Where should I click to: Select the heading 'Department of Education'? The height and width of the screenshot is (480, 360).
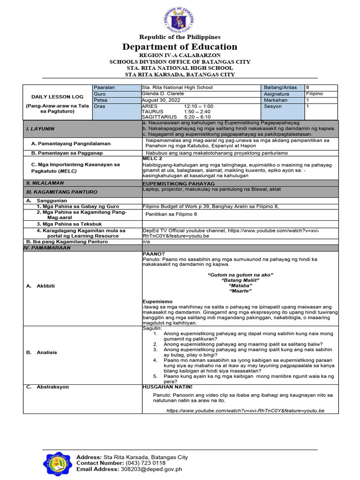(180, 47)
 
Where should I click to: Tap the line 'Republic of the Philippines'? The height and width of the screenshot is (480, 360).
(180, 37)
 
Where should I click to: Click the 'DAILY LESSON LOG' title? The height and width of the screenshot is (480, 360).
(51, 97)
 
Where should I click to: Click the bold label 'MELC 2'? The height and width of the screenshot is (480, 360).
(152, 159)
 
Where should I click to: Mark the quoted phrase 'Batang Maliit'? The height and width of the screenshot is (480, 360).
(240, 279)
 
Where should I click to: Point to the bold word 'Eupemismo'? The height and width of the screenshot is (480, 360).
(157, 301)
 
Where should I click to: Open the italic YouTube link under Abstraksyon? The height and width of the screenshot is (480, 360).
(245, 411)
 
